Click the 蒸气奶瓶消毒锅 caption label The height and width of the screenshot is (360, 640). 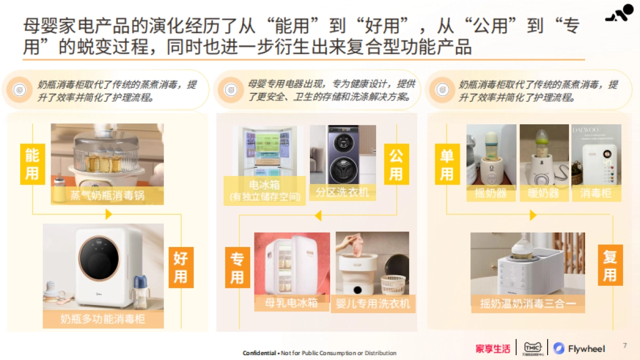tap(107, 196)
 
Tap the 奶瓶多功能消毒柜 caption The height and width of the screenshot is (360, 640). tap(103, 319)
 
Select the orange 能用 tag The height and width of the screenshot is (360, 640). tap(32, 164)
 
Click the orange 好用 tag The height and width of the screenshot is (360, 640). tap(181, 267)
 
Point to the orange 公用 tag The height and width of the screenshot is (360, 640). tap(396, 164)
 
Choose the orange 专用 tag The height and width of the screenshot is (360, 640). tap(237, 268)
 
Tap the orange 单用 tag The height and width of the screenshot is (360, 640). tap(446, 164)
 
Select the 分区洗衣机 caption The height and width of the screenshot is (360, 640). tap(342, 192)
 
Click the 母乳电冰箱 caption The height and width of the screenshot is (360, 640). tap(292, 303)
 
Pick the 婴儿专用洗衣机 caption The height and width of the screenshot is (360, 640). tap(373, 303)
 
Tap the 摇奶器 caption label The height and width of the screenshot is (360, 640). tap(490, 193)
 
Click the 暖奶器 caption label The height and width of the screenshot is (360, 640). tap(543, 193)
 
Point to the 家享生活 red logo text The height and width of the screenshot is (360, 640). tap(493, 349)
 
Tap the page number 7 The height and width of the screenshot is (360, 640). tap(625, 346)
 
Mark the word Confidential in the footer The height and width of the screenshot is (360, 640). tap(259, 353)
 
